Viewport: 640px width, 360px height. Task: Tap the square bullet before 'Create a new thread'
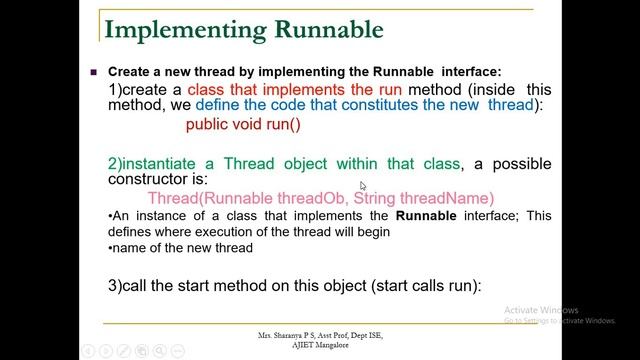click(x=93, y=73)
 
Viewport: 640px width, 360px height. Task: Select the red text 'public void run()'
click(x=243, y=125)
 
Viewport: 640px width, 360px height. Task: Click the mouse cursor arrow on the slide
click(x=363, y=186)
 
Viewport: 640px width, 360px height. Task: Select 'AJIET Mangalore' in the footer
click(x=319, y=344)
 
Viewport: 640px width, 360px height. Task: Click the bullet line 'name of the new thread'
click(x=183, y=247)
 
